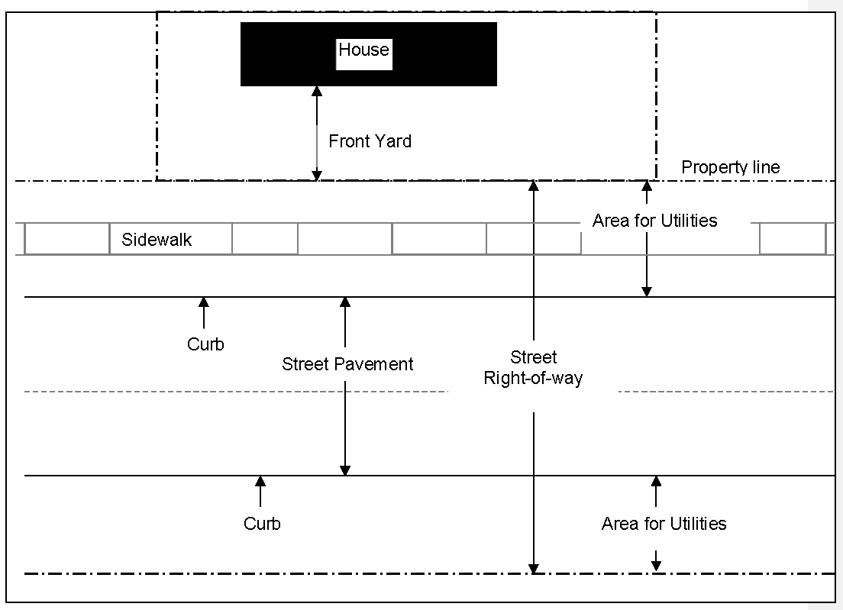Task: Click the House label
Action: pos(364,50)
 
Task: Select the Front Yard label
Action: pos(370,141)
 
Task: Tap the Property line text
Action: pos(731,167)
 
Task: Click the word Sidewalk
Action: pos(157,240)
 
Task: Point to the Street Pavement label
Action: pos(347,364)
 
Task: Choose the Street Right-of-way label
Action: pos(533,368)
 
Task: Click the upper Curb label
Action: pos(205,344)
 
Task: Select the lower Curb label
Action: pos(262,524)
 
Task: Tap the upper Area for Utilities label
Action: pos(655,221)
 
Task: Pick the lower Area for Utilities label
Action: pos(664,524)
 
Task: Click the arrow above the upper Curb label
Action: pos(204,312)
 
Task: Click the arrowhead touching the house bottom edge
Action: pos(317,92)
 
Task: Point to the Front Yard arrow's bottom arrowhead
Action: pos(317,176)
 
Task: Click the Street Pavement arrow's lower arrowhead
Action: pos(345,470)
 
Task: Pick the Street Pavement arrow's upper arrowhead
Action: pos(345,303)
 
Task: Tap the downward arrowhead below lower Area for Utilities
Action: pos(656,566)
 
